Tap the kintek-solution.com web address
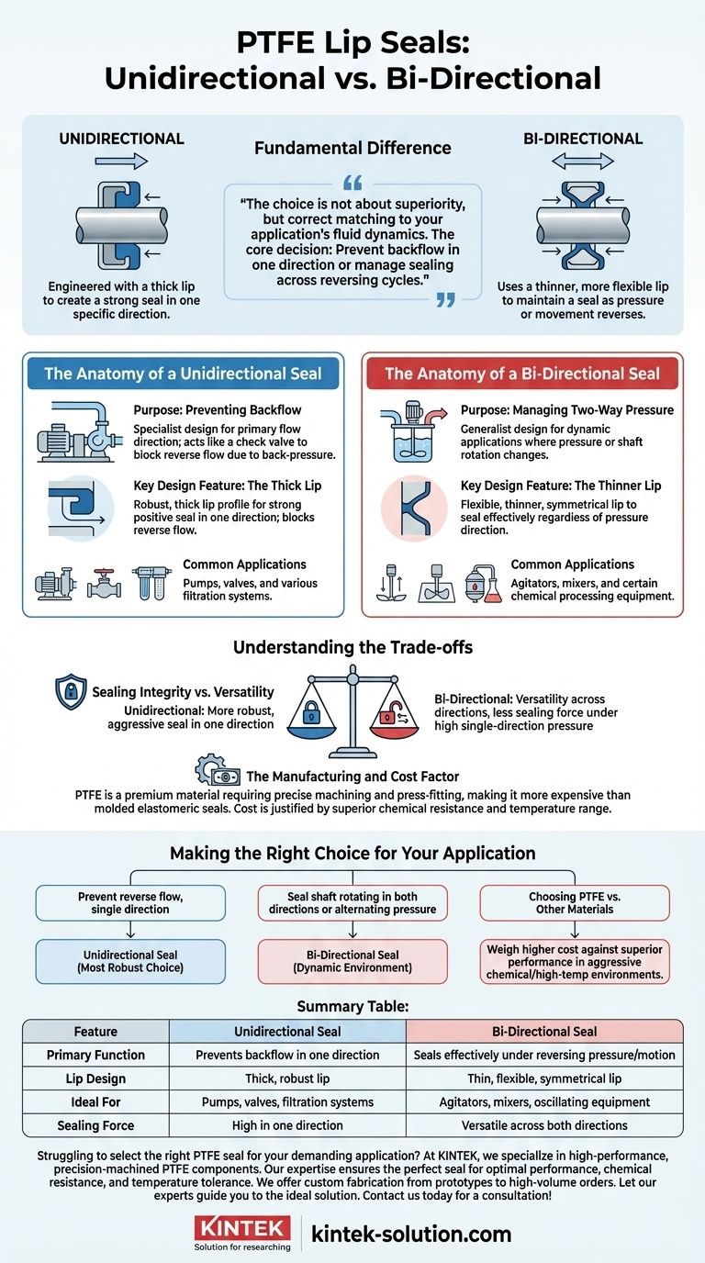coord(410,1233)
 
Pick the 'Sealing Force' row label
coord(95,1125)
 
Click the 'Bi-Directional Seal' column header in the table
coord(545,1032)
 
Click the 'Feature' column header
coord(95,1032)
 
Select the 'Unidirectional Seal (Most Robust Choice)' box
coord(130,961)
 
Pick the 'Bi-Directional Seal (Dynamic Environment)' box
coord(352,961)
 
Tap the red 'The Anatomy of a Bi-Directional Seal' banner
coord(521,374)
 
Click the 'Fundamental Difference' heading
coord(352,147)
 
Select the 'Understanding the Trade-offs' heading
coord(352,647)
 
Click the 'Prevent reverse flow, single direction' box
coord(130,902)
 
